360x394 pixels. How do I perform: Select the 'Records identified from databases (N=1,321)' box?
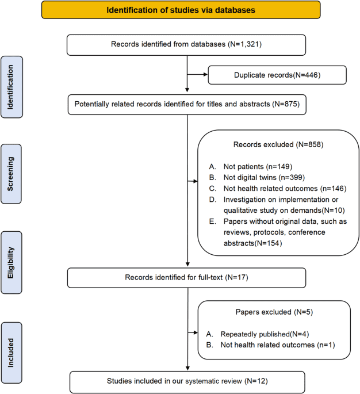(x=188, y=44)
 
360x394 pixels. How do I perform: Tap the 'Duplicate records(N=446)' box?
(x=277, y=75)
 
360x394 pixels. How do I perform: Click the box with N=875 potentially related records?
(x=188, y=106)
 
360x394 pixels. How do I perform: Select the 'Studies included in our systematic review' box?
(x=188, y=381)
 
